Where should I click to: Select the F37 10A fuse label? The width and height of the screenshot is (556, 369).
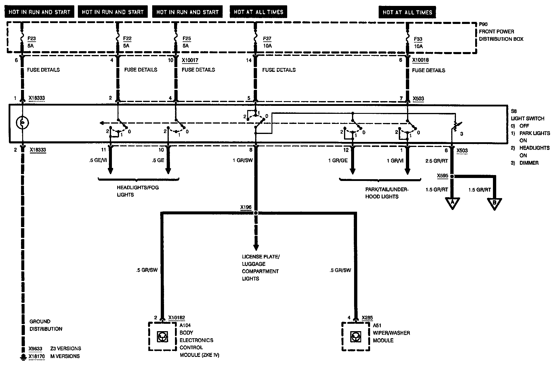point(267,42)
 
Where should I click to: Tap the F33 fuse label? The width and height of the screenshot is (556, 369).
point(418,43)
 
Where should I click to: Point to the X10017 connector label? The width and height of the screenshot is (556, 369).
point(190,60)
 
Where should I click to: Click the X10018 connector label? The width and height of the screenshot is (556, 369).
point(420,60)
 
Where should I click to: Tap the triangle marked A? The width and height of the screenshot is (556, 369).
point(452,203)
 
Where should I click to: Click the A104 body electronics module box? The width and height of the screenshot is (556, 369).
point(162,336)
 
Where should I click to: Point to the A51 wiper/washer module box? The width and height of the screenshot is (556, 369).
point(356,336)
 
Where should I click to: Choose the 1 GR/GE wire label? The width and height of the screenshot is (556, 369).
point(338,161)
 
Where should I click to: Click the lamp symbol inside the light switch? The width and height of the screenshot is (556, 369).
point(22,123)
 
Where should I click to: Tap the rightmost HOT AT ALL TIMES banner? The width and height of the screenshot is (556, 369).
point(407,12)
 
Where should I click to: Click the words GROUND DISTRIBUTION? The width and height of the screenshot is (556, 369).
point(46,325)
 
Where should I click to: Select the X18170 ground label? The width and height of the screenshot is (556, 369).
point(37,356)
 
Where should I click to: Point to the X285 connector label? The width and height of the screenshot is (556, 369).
point(367,318)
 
